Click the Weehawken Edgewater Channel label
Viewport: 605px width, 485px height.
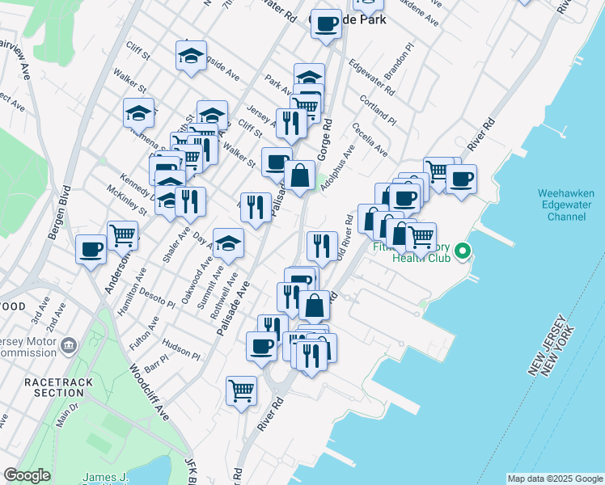(x=566, y=205)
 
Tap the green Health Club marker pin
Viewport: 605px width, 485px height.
(x=463, y=252)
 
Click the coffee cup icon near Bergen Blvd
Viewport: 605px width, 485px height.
(x=91, y=247)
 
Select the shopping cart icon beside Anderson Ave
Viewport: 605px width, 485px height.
(x=122, y=234)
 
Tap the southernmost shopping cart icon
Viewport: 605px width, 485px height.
(x=241, y=390)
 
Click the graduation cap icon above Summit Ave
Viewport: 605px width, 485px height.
(x=228, y=242)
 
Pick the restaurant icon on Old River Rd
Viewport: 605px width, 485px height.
(x=322, y=246)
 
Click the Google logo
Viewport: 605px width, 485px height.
(x=27, y=475)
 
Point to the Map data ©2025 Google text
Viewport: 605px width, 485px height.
(x=554, y=479)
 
